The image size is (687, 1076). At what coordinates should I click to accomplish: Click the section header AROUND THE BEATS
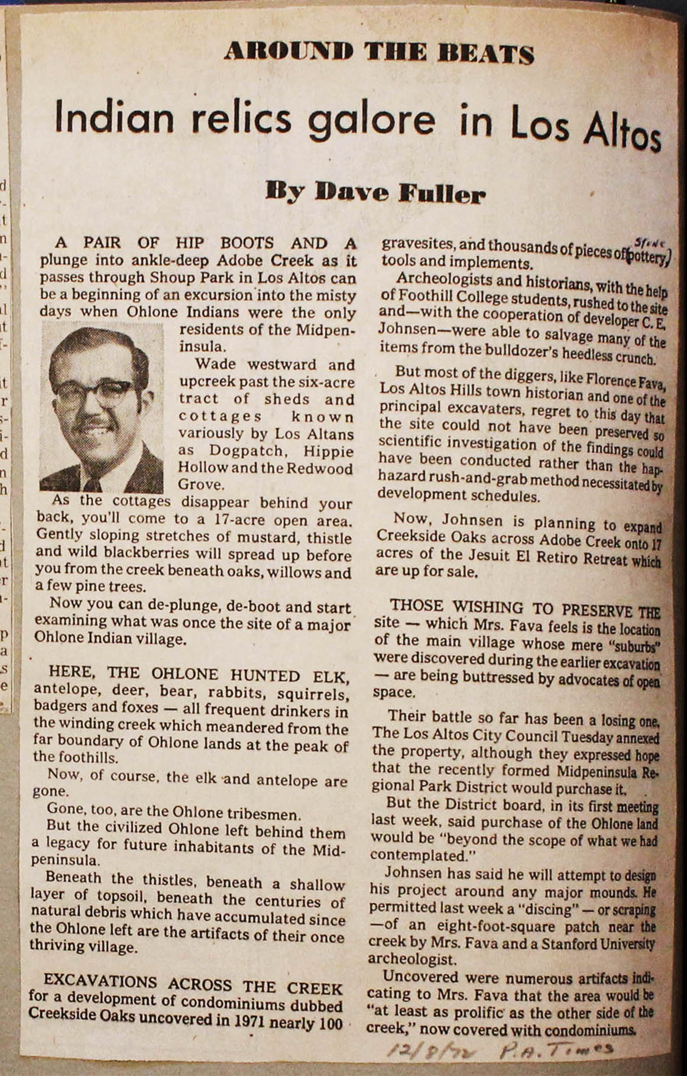point(379,54)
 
